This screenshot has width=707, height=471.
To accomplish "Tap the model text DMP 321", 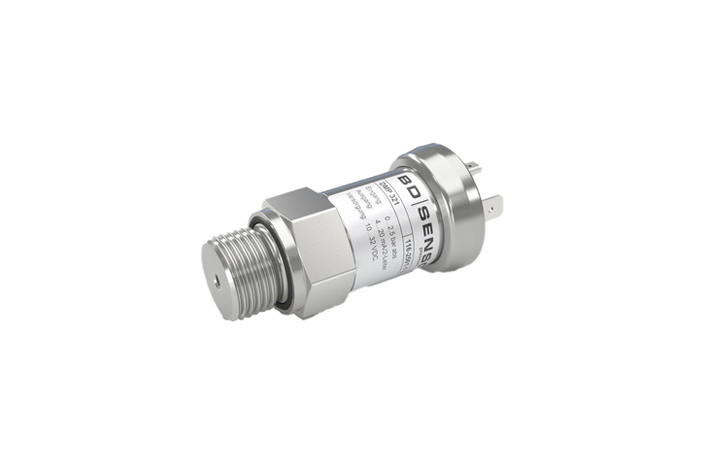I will [x=388, y=191].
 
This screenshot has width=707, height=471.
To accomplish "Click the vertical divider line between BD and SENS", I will [x=418, y=205].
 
